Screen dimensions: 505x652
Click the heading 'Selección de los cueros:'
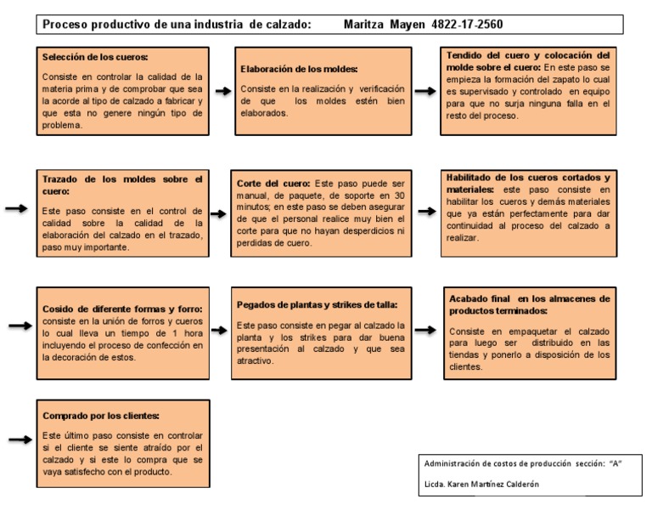pos(95,57)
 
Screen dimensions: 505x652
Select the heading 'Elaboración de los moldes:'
pos(298,69)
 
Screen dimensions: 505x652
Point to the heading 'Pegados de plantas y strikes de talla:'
pos(318,304)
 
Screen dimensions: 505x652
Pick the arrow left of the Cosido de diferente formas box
pos(19,326)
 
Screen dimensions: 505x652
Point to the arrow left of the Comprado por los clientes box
pos(19,440)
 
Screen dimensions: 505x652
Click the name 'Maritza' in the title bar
pos(363,23)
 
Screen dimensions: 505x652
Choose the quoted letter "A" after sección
pos(616,463)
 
